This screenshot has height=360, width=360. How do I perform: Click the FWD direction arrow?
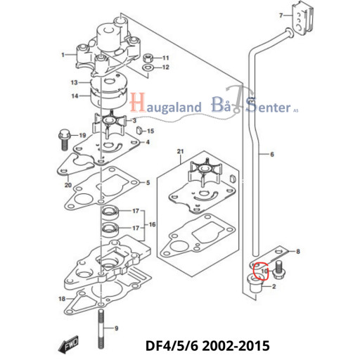pyautogui.click(x=68, y=345)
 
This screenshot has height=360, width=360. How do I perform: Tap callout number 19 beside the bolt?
pyautogui.click(x=82, y=135)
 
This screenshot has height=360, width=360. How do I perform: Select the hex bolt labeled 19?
pyautogui.click(x=64, y=139)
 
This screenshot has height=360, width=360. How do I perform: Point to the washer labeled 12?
pyautogui.click(x=148, y=67)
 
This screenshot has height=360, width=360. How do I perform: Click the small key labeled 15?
pyautogui.click(x=139, y=130)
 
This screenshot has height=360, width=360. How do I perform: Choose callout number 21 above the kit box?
pyautogui.click(x=180, y=151)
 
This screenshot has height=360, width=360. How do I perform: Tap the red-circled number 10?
pyautogui.click(x=264, y=271)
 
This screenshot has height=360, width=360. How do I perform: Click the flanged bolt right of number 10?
pyautogui.click(x=278, y=270)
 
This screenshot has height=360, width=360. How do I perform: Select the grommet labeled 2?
pyautogui.click(x=256, y=283)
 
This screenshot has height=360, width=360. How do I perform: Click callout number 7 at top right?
pyautogui.click(x=281, y=15)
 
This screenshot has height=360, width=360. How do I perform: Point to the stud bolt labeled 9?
pyautogui.click(x=101, y=328)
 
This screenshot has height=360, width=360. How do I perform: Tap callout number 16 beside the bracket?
pyautogui.click(x=152, y=224)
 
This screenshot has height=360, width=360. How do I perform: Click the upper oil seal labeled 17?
pyautogui.click(x=110, y=212)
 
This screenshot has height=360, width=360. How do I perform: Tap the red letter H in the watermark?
pyautogui.click(x=138, y=103)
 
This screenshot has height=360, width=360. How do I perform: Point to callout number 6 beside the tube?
pyautogui.click(x=272, y=154)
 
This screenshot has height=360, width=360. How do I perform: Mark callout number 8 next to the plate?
pyautogui.click(x=298, y=252)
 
